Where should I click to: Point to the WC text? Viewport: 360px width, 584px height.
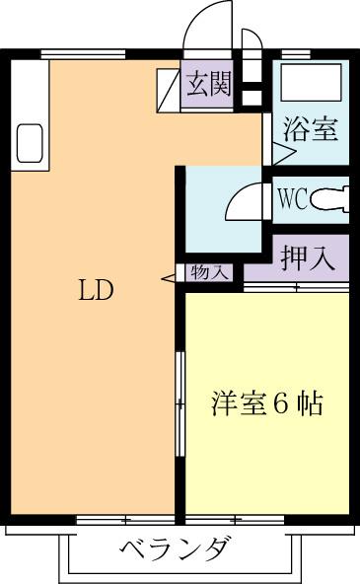point(292,199)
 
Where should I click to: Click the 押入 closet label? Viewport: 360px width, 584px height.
point(308,258)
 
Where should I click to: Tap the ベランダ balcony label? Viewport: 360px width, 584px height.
point(179,549)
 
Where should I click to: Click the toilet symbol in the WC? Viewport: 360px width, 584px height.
point(330,200)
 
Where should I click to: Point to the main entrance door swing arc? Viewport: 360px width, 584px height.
point(209,22)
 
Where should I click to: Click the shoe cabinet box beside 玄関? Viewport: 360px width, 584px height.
point(169,87)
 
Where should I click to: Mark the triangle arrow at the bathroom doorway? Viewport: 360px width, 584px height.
point(283,154)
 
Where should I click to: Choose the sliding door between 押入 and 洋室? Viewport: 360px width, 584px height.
point(296,287)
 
